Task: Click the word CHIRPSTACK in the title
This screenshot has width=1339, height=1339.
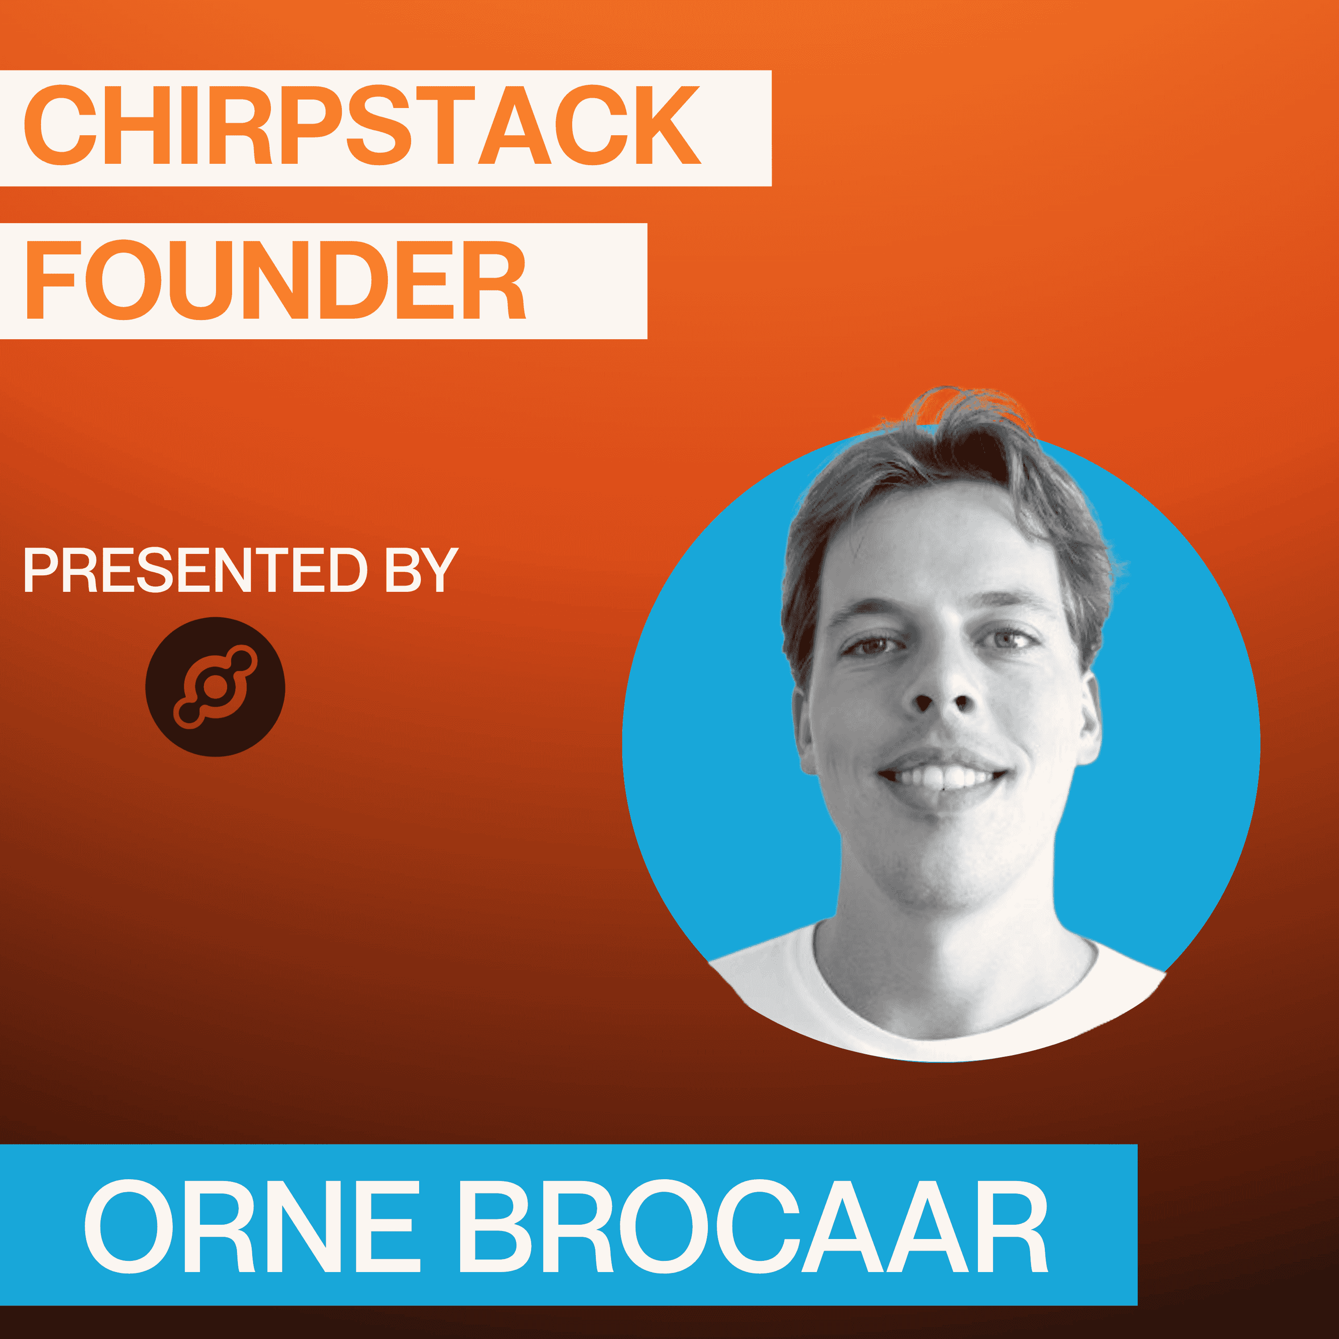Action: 362,125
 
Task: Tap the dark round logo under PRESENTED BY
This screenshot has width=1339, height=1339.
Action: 215,687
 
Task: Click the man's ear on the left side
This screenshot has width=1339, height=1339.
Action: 805,731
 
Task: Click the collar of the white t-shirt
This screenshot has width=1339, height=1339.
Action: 956,998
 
